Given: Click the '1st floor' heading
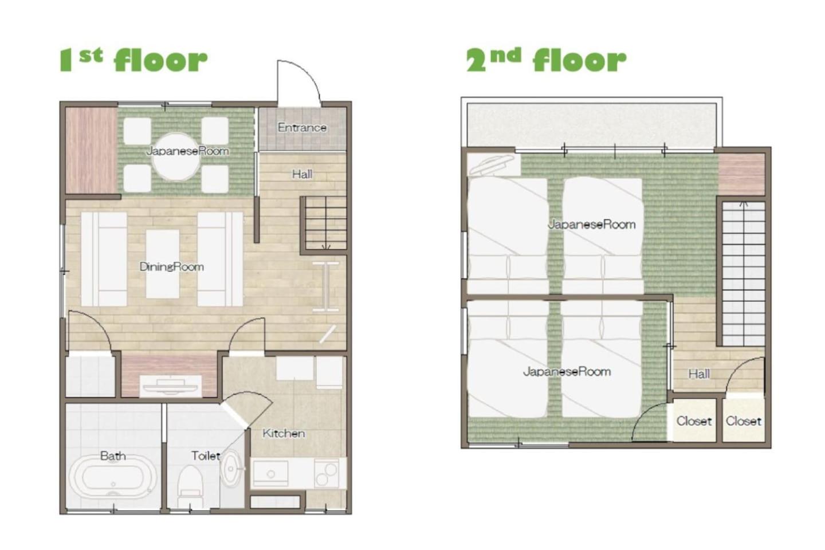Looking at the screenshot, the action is tap(133, 61).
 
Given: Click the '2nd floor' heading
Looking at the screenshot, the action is tap(546, 61).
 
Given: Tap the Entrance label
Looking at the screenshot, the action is tap(302, 127).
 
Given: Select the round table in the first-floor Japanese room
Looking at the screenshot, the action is tap(176, 157).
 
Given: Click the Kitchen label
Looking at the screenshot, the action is tap(284, 434).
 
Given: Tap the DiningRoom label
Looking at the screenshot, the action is tap(172, 267).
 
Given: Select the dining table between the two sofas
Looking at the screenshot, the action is tap(163, 264).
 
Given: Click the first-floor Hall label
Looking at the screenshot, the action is tap(302, 174).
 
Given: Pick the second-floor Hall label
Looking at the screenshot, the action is tap(699, 374).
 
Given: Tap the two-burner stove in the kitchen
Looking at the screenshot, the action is tap(327, 473).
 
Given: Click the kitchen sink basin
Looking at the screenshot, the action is tap(270, 473).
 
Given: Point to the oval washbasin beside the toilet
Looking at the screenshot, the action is tap(231, 469).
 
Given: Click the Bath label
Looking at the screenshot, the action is tap(113, 456).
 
